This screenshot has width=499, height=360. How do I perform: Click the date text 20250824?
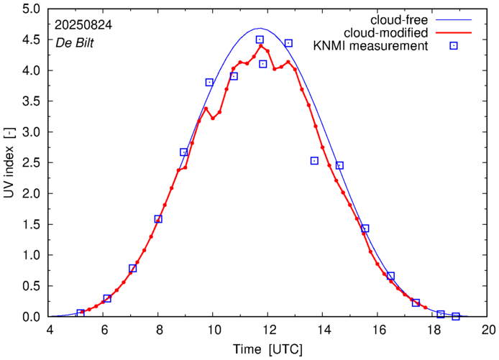coord(82,24)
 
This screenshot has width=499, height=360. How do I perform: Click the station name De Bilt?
coord(74,41)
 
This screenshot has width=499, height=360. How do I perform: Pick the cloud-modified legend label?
coord(387,33)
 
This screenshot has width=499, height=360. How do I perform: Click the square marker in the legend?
coord(454,47)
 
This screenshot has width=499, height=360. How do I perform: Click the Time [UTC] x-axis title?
coord(268,350)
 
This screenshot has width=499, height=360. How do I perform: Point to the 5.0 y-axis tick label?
coord(31,9)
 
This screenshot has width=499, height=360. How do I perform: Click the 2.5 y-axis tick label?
coord(31,163)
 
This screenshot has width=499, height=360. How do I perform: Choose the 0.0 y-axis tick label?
coord(31,316)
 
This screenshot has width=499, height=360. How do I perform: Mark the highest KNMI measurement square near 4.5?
coord(260,40)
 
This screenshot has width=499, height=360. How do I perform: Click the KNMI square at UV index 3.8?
coord(209,83)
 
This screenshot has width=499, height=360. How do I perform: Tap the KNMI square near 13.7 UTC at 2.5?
coord(314,161)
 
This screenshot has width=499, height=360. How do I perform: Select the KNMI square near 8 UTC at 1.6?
coord(158,218)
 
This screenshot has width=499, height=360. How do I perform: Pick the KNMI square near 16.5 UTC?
coord(390,276)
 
